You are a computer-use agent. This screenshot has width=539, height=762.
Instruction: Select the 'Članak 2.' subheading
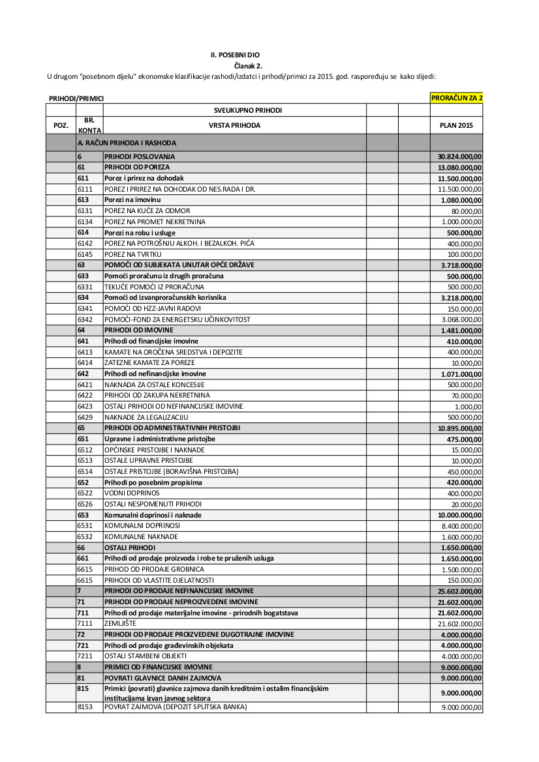pos(248,66)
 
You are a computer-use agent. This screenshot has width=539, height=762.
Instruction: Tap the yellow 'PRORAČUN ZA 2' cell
pos(456,98)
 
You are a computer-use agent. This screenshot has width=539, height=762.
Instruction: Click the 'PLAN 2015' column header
pos(456,125)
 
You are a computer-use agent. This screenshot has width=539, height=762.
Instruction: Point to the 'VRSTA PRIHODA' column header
pos(234,125)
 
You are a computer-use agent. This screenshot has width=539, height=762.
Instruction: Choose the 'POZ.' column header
pos(61,125)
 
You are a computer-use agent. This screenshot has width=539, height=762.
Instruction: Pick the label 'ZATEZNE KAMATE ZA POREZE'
pos(149,362)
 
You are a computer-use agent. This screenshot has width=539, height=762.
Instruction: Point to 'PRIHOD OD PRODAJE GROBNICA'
pos(145,569)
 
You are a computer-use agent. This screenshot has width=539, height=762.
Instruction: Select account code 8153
pos(85,707)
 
